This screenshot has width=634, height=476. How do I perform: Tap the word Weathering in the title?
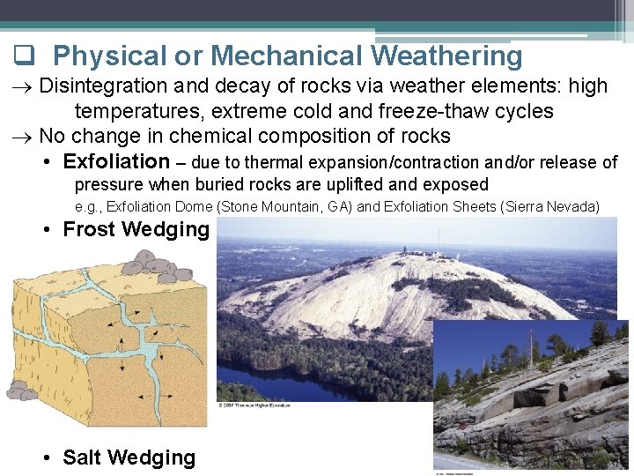446,56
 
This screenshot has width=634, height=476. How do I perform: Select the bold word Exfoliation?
116,161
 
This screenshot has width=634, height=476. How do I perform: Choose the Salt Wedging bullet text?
129,457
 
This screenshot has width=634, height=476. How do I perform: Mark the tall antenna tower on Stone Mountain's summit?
438,241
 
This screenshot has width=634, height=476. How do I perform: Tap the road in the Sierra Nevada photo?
458,463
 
